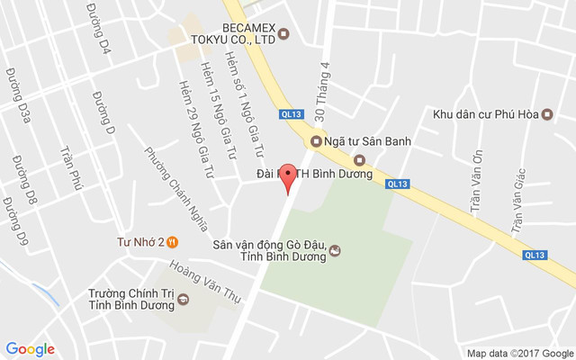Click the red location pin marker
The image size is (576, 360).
288,177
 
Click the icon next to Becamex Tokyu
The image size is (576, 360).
283,35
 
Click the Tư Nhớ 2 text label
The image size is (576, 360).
140,241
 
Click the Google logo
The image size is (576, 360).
30,349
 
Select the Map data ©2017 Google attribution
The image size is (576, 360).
519,353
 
